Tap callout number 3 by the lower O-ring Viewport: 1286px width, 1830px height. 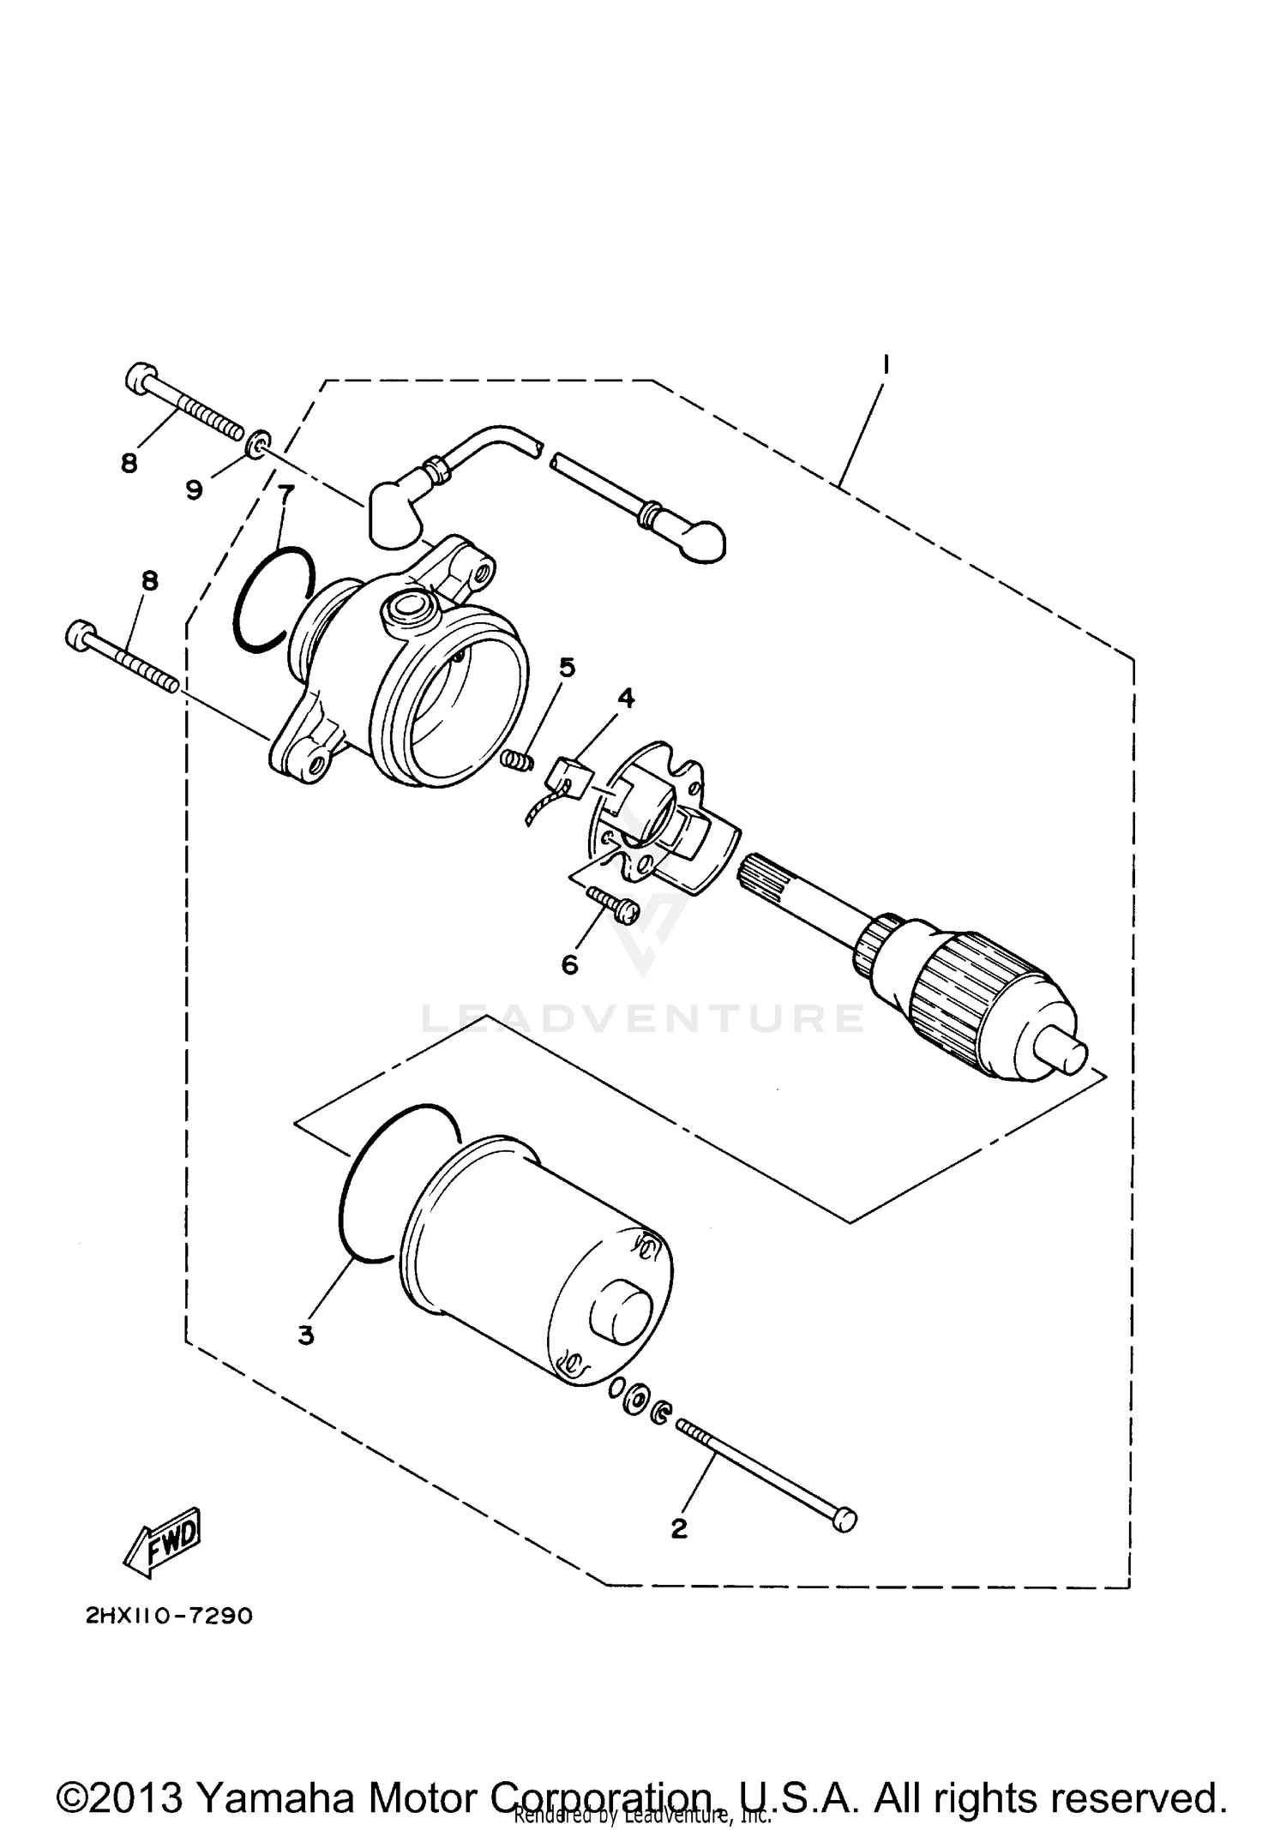click(306, 1335)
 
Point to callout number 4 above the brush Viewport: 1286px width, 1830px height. click(627, 699)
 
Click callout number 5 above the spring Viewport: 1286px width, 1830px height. click(567, 667)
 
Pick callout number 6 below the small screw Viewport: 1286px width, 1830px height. click(569, 965)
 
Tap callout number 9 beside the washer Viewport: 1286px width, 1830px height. click(195, 489)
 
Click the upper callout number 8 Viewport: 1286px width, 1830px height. click(129, 464)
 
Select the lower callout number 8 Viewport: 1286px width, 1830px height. click(149, 581)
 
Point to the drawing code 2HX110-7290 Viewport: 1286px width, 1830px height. click(169, 1617)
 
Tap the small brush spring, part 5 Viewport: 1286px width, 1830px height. click(517, 759)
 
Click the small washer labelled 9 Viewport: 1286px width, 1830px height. click(255, 445)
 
